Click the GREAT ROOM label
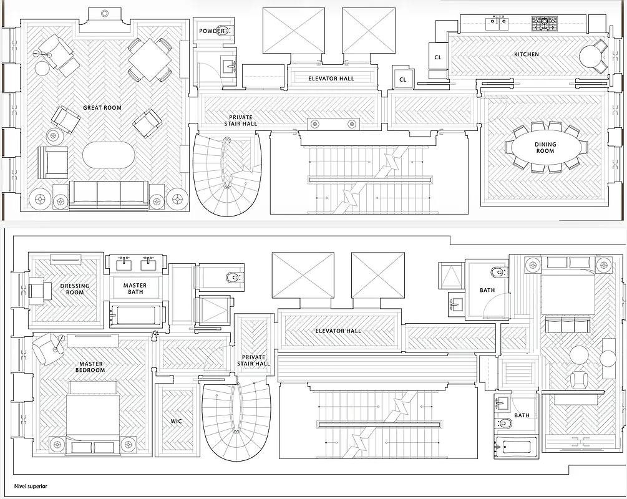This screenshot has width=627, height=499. point(102,108)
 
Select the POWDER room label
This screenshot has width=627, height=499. point(211,31)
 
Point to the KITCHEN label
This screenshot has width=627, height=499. point(526,55)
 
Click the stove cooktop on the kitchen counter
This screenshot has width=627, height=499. point(543,24)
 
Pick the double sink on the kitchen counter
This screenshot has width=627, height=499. point(497,23)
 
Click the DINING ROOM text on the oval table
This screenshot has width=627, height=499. point(545,148)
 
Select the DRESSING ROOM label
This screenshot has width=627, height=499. point(75,289)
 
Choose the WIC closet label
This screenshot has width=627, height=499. point(176,421)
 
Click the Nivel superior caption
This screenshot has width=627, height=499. point(31,486)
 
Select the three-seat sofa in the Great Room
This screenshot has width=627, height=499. point(109,193)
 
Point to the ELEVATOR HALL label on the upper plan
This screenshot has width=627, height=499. point(331,79)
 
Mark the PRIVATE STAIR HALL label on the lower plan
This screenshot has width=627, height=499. point(253,361)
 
